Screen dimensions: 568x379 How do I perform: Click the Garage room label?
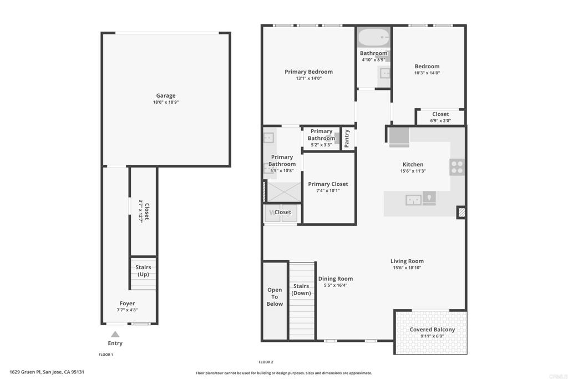166,95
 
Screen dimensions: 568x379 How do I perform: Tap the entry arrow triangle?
115,334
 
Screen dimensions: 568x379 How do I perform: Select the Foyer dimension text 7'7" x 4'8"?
127,310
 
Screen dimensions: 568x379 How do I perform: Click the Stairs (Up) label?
143,271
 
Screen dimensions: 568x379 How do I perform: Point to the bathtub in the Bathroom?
374,37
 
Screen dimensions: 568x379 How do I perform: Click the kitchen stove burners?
457,168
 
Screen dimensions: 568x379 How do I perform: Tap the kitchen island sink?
413,200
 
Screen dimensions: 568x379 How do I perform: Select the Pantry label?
347,138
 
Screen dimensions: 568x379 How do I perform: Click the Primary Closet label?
328,184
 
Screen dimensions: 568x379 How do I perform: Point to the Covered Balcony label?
432,330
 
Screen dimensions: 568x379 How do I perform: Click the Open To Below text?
275,297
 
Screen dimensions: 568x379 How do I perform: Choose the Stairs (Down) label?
301,290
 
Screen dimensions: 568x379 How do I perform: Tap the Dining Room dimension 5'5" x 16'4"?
336,285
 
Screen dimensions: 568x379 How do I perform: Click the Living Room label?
407,261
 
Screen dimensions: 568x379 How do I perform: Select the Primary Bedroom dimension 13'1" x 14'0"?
308,78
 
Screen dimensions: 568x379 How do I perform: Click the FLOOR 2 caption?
266,362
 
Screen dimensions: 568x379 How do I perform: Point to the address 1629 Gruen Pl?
25,372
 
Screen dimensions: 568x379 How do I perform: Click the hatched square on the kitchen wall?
461,212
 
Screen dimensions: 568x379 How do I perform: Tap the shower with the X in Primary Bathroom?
283,192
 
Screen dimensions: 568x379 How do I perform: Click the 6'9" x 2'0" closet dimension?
440,120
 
